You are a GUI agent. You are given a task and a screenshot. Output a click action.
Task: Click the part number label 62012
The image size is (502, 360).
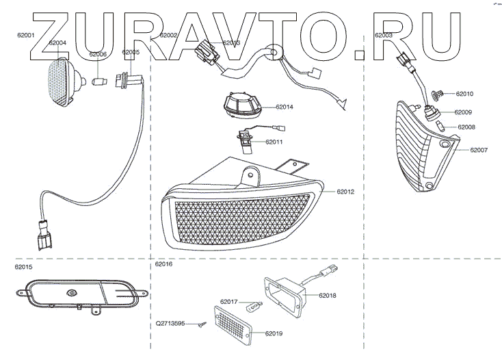click(x=346, y=192)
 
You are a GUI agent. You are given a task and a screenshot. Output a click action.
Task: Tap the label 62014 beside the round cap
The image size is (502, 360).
click(x=285, y=107)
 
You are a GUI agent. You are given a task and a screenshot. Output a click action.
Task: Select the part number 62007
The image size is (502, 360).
click(x=479, y=149)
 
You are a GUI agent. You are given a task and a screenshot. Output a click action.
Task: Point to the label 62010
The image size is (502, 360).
click(x=464, y=93)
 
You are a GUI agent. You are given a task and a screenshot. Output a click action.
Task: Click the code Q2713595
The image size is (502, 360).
click(x=170, y=324)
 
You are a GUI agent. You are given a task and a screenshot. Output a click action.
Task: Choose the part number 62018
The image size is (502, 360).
click(x=328, y=296)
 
